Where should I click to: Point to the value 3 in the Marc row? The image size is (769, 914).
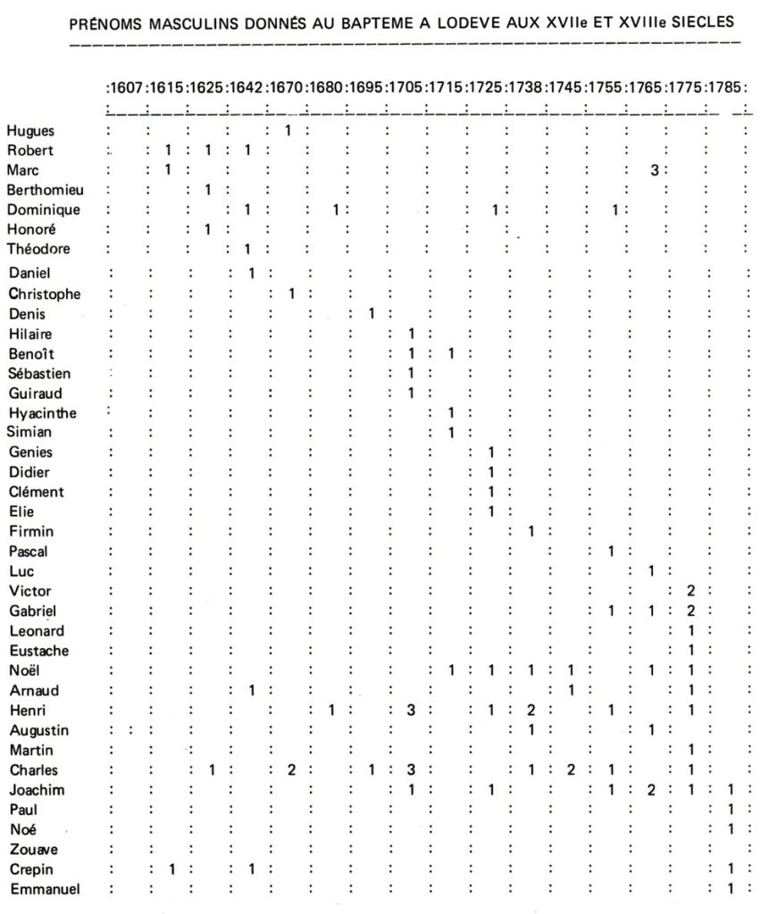tap(654, 170)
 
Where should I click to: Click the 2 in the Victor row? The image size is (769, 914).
tap(691, 591)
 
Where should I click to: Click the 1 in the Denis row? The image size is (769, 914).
tap(372, 313)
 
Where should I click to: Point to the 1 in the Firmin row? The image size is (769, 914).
tap(531, 532)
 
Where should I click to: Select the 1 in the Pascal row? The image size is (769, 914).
tap(611, 552)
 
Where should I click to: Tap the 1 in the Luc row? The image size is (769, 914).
tap(652, 570)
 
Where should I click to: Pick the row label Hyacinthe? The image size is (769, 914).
tap(42, 413)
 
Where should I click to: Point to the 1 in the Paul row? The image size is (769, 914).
tap(731, 810)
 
